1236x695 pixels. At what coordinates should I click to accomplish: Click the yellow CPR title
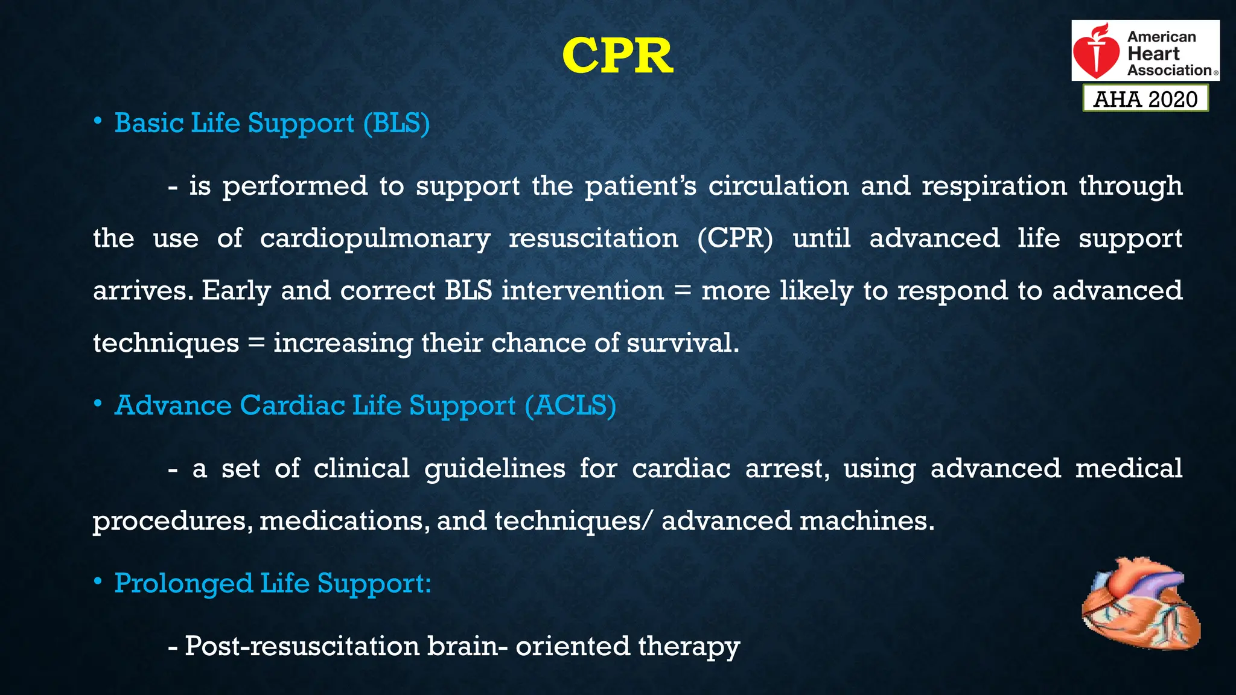[617, 56]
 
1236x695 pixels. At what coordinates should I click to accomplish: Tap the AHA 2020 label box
[1145, 99]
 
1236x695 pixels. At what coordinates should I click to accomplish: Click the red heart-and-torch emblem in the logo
[1097, 52]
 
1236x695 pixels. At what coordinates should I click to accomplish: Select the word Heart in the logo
[1153, 53]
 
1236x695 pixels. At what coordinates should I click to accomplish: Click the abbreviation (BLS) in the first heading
[397, 123]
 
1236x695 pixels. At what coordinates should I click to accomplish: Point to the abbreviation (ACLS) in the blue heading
[570, 405]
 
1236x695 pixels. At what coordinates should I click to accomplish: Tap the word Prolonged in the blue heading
[183, 583]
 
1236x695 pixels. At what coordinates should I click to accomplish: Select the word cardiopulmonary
[375, 239]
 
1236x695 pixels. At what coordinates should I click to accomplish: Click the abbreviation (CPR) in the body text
[734, 238]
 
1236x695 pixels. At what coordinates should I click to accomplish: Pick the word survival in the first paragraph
[682, 343]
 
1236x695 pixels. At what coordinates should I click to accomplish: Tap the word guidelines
[495, 469]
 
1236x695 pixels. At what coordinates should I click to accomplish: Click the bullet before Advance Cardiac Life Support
[98, 404]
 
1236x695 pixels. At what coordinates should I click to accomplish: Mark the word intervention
[582, 291]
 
